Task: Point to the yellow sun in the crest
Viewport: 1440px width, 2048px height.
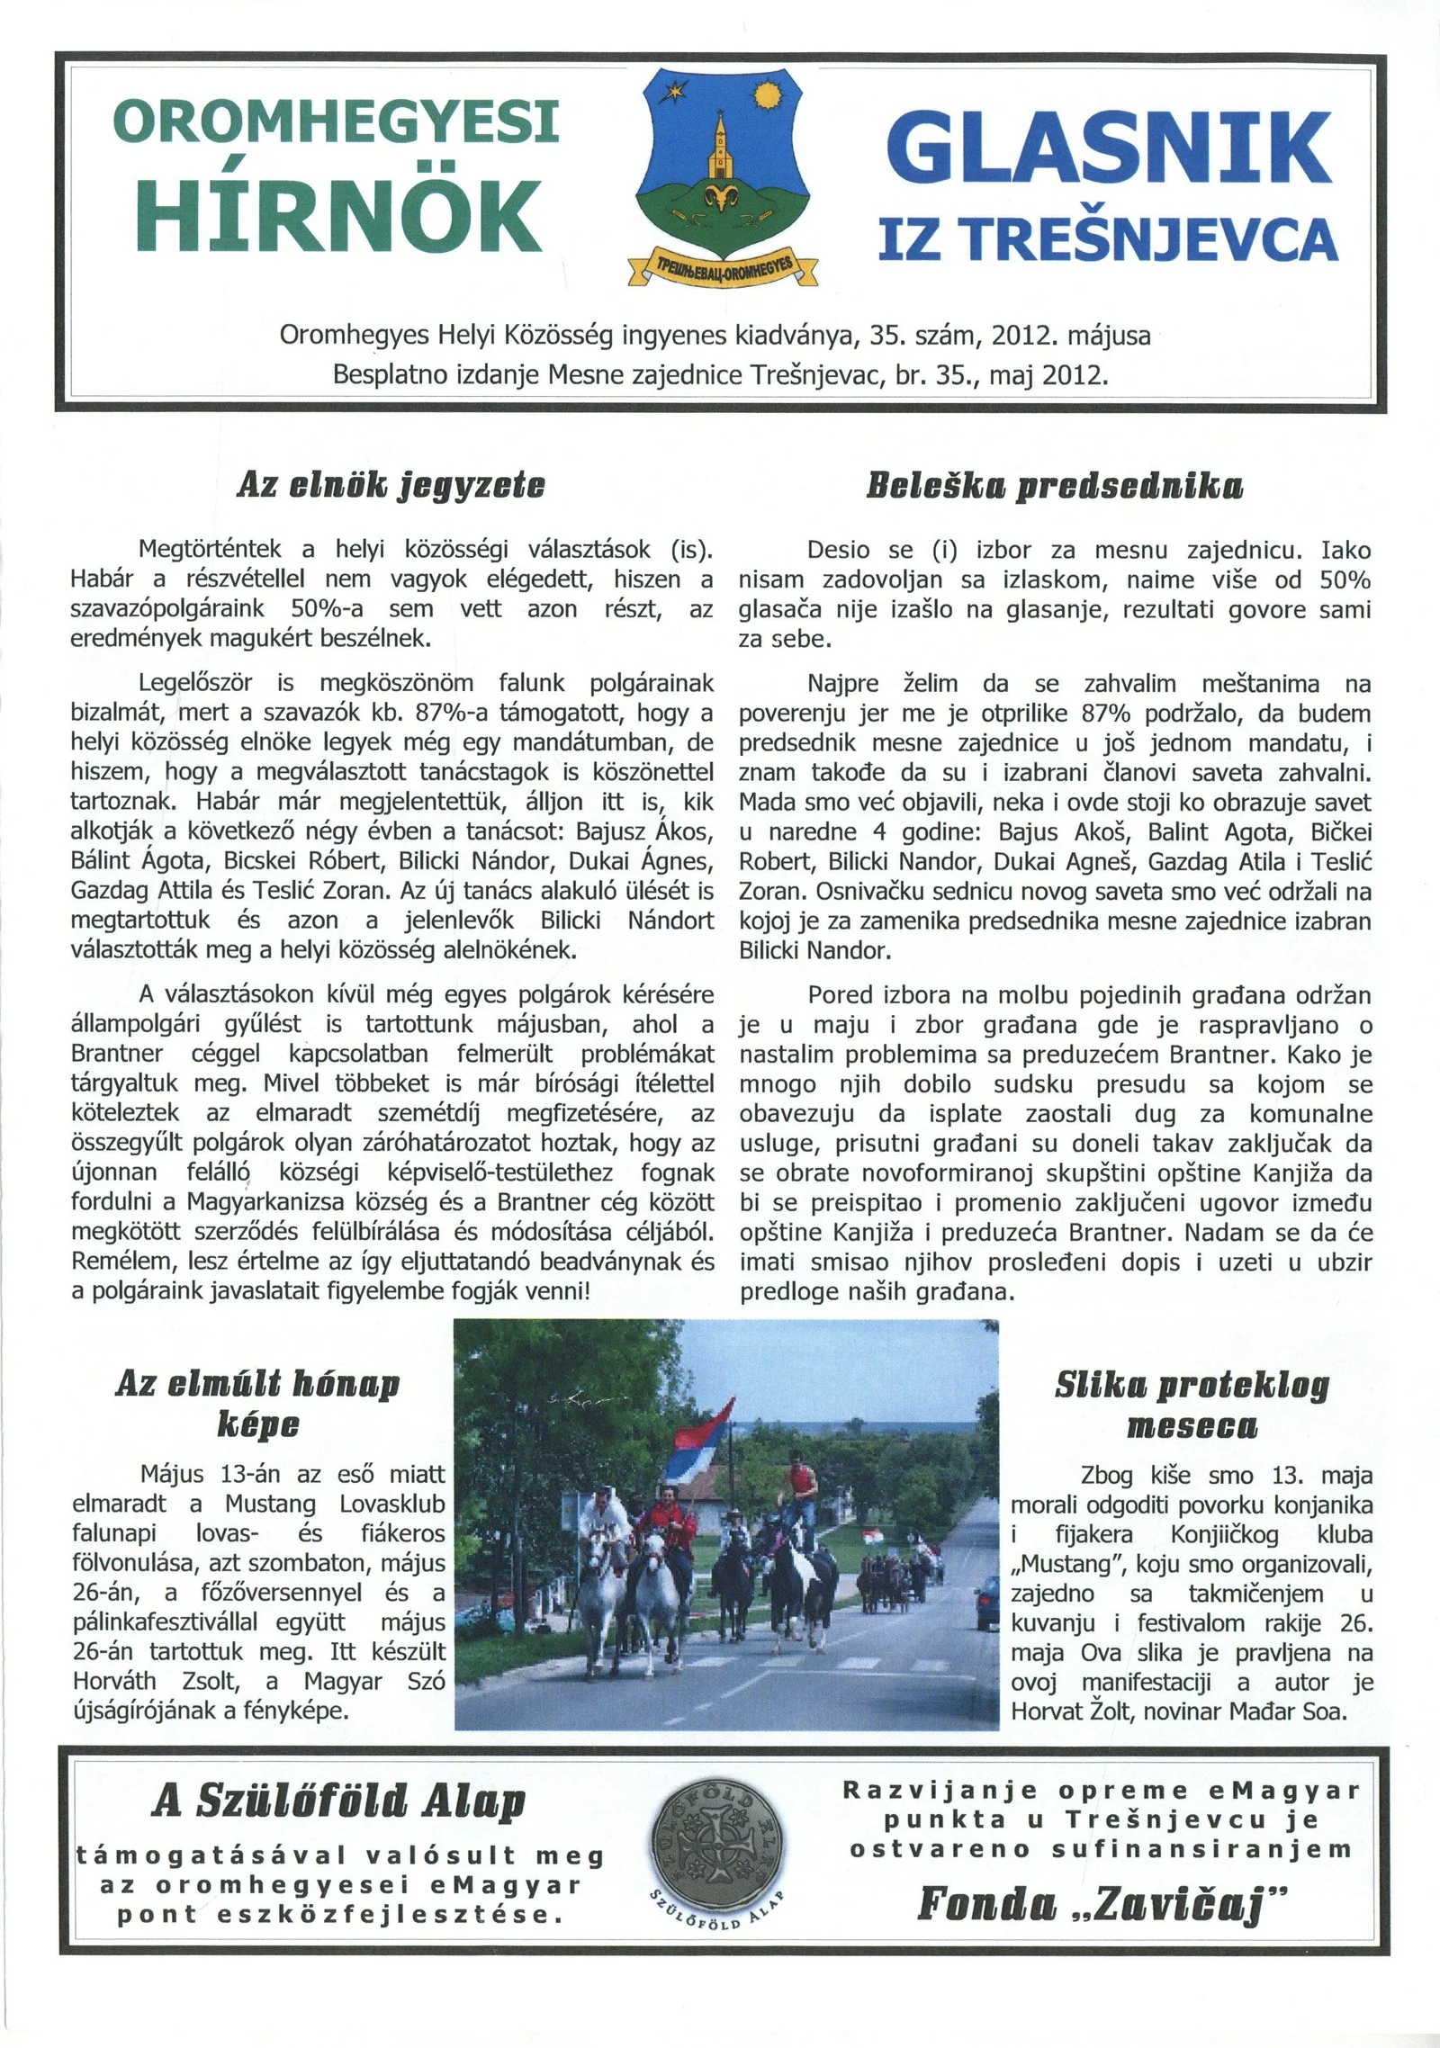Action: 768,94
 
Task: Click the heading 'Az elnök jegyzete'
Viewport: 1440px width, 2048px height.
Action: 391,486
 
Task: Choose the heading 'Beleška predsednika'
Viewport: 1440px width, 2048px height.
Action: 1055,487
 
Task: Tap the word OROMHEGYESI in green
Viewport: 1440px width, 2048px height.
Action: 336,121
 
